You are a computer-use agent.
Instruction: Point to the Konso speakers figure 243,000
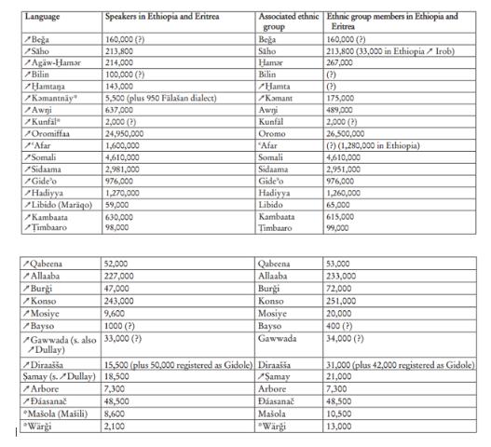[119, 300]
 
